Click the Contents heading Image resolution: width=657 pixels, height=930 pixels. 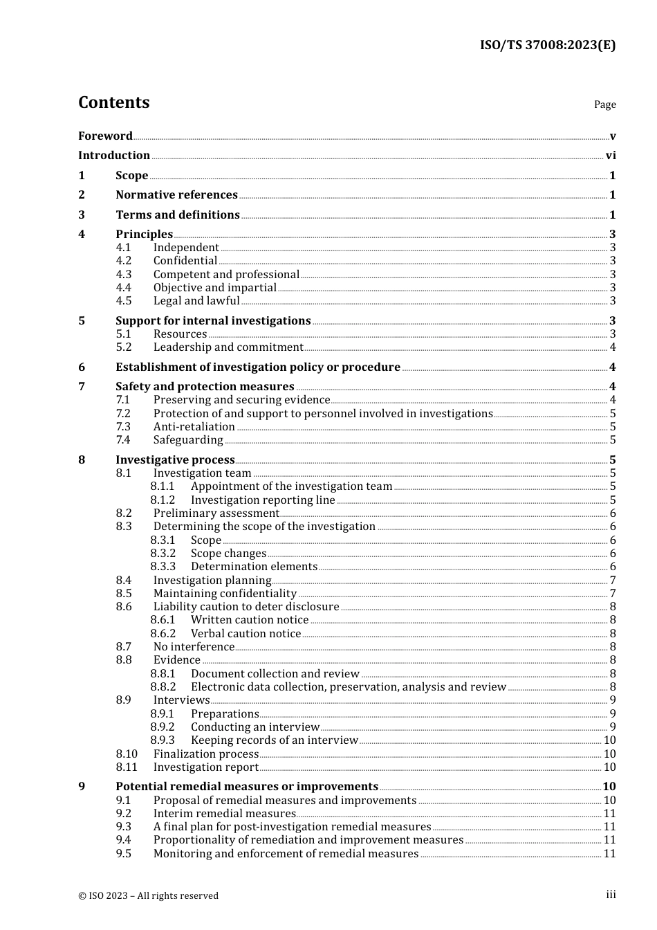click(x=113, y=102)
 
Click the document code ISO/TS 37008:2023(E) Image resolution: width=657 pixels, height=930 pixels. click(x=547, y=46)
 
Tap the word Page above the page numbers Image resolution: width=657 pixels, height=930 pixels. click(x=604, y=104)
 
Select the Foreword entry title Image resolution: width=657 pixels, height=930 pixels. click(x=105, y=136)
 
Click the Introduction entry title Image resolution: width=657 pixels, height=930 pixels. click(x=114, y=156)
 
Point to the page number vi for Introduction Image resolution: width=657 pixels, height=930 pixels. click(x=611, y=156)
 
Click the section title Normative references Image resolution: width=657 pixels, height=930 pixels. click(x=176, y=195)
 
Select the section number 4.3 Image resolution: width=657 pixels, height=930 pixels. click(x=123, y=275)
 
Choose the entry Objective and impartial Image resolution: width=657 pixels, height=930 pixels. click(x=214, y=288)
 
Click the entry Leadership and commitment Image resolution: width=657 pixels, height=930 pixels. click(x=228, y=347)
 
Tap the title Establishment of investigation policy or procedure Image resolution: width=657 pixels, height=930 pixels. click(x=258, y=367)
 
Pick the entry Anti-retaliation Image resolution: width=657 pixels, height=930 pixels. click(x=194, y=427)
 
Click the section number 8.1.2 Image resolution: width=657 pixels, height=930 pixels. click(x=163, y=500)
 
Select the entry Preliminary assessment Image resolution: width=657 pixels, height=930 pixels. click(x=216, y=513)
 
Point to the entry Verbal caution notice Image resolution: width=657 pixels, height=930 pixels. click(x=246, y=634)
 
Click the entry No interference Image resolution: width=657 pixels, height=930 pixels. click(x=194, y=647)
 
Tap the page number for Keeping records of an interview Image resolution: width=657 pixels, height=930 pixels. click(x=609, y=740)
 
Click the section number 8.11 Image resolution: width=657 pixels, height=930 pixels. click(x=127, y=767)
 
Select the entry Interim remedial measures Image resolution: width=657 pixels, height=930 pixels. click(x=224, y=814)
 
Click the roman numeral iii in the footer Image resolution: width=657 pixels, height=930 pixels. click(x=611, y=895)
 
